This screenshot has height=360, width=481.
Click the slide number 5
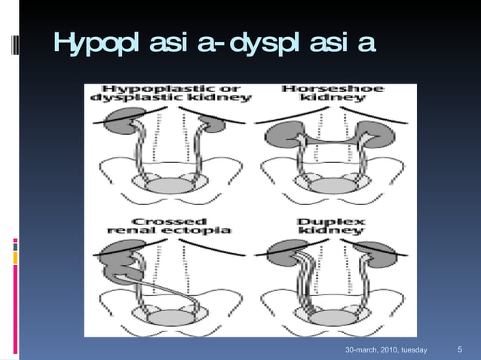461,350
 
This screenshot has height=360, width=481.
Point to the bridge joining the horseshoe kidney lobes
332,139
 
